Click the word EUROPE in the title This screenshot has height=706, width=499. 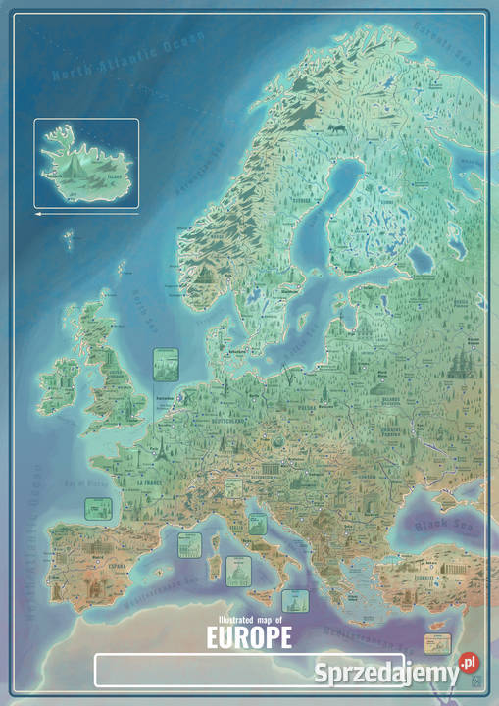(249, 638)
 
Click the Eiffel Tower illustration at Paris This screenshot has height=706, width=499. (156, 450)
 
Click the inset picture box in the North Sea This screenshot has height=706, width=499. (167, 366)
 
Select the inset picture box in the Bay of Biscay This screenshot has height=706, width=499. (96, 508)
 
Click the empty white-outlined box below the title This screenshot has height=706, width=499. (249, 670)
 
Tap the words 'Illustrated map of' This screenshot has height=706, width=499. (249, 620)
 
